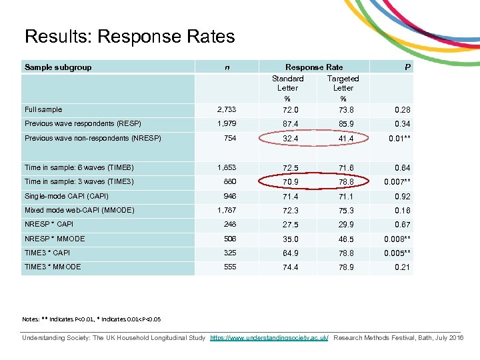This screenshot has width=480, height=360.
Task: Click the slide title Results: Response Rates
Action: (x=129, y=36)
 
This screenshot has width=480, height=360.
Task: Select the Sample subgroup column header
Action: (x=58, y=67)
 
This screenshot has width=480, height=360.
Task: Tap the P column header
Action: (x=407, y=67)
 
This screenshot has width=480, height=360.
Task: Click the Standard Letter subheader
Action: (x=287, y=83)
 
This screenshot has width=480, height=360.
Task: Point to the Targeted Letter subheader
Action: (x=343, y=83)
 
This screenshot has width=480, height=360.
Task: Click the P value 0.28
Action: (x=402, y=110)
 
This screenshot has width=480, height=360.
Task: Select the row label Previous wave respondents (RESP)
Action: (x=83, y=124)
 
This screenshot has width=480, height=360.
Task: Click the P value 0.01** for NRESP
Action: (x=399, y=139)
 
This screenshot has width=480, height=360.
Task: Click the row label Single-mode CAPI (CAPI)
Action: (x=66, y=197)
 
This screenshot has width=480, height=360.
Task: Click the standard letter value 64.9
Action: (x=291, y=253)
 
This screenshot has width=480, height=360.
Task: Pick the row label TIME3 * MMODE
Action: (x=53, y=267)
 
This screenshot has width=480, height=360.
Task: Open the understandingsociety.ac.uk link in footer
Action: (x=269, y=339)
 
